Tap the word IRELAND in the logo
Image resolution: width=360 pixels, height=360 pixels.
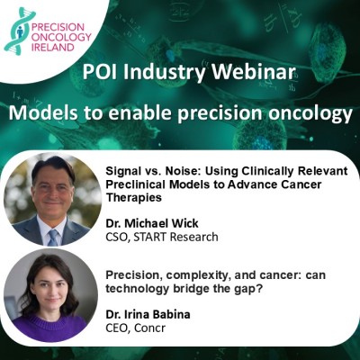click(52, 48)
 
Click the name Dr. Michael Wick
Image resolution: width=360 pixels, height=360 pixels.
click(152, 223)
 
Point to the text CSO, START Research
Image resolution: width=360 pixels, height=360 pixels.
click(162, 237)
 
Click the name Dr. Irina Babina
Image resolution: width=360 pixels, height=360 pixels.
click(148, 314)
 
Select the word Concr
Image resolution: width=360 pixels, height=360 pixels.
click(149, 328)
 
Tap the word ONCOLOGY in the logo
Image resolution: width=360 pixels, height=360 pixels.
click(61, 37)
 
